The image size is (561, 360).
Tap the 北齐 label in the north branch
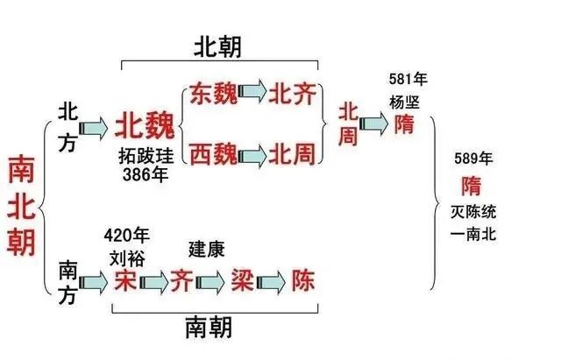point(291,94)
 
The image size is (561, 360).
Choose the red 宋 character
point(123,280)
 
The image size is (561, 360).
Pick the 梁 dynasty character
point(241,280)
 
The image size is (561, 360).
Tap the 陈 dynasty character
point(303,280)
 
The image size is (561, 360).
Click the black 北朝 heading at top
point(219,48)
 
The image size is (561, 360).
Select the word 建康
point(207,250)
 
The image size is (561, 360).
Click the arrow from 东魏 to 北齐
point(252,94)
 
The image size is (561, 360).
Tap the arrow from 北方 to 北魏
point(97,128)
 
